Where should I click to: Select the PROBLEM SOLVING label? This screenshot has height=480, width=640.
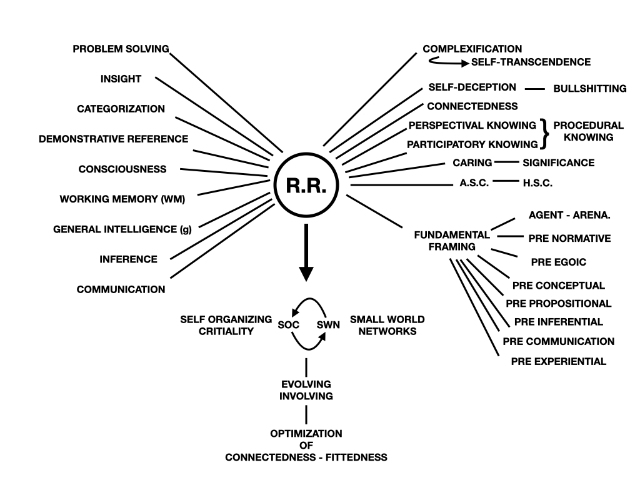[121, 49]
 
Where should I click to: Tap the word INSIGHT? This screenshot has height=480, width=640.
[121, 79]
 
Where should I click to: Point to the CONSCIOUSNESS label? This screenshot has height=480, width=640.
[122, 169]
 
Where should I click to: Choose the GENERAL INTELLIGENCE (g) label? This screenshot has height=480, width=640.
[122, 229]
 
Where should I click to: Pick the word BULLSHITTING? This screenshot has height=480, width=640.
[589, 89]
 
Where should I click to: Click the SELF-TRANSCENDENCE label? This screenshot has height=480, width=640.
[531, 62]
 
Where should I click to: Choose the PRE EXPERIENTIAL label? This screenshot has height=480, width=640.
[558, 361]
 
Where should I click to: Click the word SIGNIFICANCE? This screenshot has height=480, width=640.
[558, 162]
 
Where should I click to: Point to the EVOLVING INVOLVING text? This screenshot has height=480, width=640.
[306, 390]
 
